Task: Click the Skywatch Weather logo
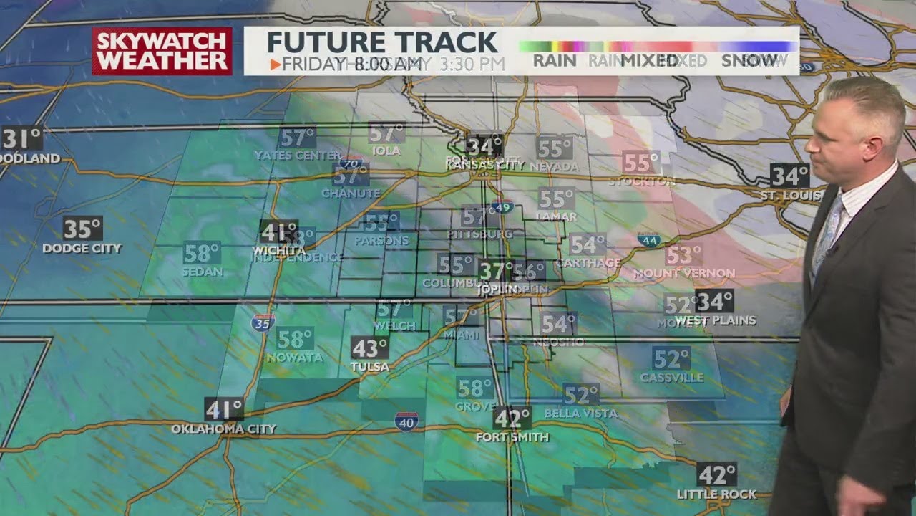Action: (x=162, y=51)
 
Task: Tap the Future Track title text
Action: (x=382, y=42)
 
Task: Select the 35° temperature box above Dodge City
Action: (x=82, y=229)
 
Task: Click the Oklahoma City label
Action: (x=223, y=429)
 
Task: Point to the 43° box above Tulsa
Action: (x=369, y=348)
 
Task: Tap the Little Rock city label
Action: (x=716, y=494)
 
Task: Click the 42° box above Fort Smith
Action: (x=512, y=418)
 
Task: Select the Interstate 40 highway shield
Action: (x=406, y=421)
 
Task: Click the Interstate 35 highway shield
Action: (x=263, y=322)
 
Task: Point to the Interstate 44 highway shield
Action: (x=649, y=240)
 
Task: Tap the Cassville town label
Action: (x=671, y=378)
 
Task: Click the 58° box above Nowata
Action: (x=295, y=338)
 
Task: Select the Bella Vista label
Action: (x=580, y=414)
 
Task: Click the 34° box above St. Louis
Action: (x=789, y=175)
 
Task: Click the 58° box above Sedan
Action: (x=201, y=253)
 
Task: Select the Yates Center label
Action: (x=298, y=156)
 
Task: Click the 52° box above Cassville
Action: (x=671, y=358)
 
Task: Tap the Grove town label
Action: (x=475, y=406)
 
